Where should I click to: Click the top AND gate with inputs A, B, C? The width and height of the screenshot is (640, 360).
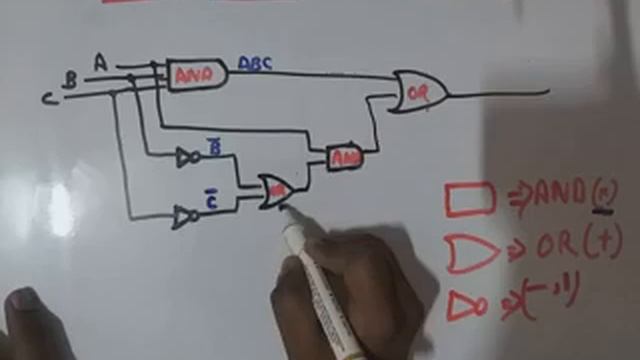click(196, 75)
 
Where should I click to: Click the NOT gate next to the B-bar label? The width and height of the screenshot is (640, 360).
click(187, 157)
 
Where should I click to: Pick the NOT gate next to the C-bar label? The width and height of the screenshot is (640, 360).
click(184, 216)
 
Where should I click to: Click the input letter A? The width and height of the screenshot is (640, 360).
click(100, 62)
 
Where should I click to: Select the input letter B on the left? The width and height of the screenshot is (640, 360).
click(70, 80)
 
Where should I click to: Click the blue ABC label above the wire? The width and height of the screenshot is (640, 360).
click(255, 64)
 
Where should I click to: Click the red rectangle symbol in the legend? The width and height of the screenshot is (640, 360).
click(469, 199)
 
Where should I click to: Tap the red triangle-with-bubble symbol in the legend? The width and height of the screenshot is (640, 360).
click(466, 306)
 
